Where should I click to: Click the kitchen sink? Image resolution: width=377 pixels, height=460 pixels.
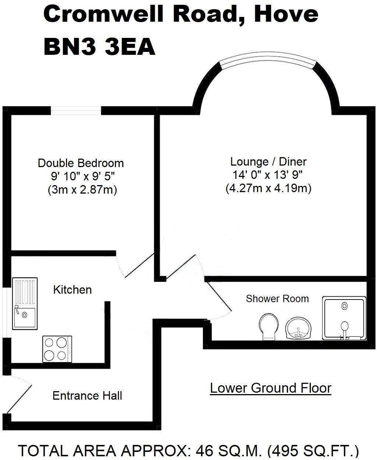coord(25,303)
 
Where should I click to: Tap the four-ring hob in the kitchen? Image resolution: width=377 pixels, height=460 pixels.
coord(57,348)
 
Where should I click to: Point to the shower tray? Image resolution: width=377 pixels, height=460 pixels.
coord(344,318)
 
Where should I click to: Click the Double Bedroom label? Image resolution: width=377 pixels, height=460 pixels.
coord(81,163)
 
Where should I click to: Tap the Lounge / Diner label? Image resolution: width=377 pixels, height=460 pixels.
coord(268,162)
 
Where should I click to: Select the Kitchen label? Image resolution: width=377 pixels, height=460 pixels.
coord(72,290)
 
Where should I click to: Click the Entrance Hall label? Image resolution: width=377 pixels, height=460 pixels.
coord(87,396)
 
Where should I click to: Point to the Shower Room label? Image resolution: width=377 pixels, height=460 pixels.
coord(277,298)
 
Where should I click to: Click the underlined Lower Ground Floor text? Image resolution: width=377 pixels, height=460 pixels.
coord(271,388)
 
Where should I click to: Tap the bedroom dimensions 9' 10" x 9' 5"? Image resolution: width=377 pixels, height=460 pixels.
coord(83,176)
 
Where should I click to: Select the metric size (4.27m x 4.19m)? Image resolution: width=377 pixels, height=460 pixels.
coord(268,188)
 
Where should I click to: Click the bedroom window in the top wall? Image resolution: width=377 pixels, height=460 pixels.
coord(76,110)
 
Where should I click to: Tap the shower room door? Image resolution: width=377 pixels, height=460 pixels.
coord(219,299)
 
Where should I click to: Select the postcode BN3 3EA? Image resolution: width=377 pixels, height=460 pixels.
coord(99,47)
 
